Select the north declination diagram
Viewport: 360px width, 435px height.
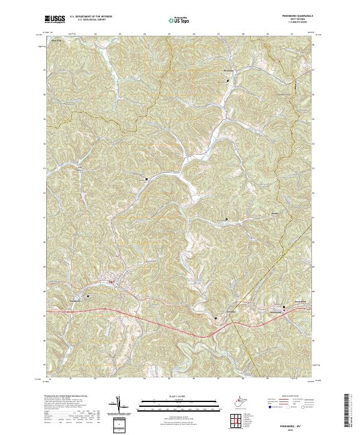tap(118, 403)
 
